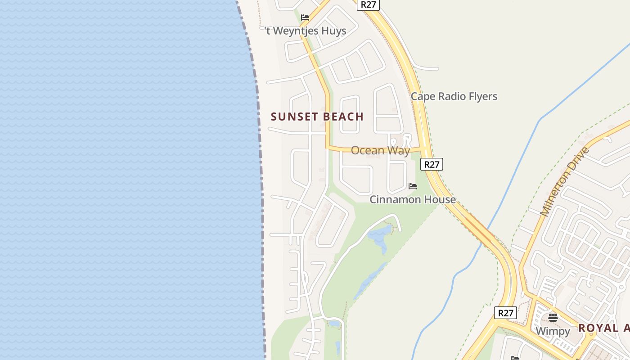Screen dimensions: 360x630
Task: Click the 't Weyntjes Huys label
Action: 306,31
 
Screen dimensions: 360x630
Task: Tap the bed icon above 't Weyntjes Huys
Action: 305,18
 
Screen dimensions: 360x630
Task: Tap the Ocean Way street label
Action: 380,150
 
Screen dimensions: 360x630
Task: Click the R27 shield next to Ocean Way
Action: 432,164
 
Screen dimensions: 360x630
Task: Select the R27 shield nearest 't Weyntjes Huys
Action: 368,4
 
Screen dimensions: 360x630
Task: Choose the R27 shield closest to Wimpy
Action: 505,313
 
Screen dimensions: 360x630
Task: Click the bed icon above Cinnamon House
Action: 412,186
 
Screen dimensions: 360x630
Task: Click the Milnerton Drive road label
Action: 565,181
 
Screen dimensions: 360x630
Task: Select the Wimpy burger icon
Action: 553,318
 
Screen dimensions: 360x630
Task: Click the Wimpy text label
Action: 553,331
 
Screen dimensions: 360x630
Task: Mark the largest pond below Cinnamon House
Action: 379,236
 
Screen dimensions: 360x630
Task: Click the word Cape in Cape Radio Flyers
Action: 423,96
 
